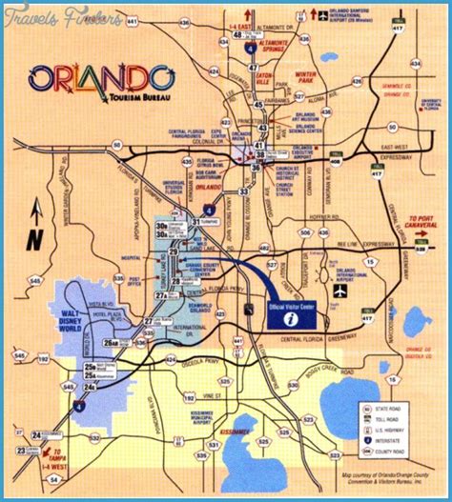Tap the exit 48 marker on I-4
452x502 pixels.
point(236,35)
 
